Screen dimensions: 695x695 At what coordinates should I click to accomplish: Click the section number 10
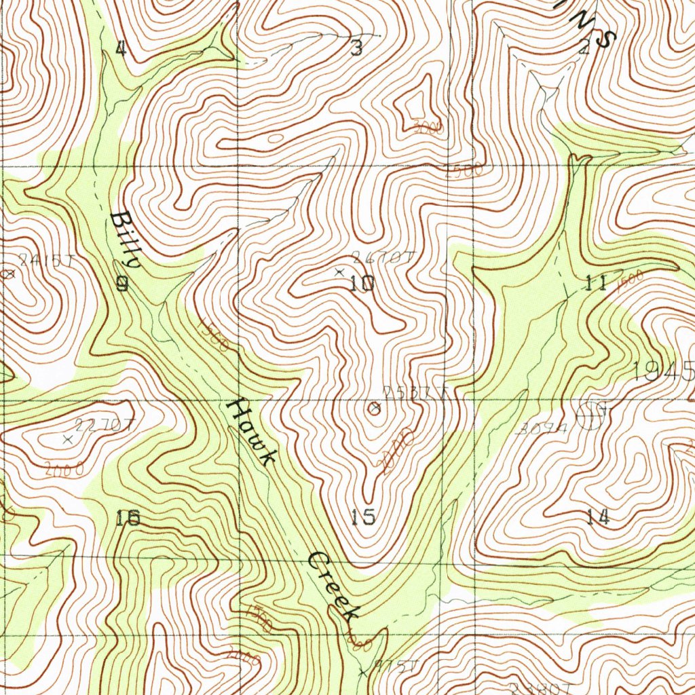[x=362, y=284]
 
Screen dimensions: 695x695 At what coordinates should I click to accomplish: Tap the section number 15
[x=364, y=517]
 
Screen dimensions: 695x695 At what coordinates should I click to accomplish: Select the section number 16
[x=128, y=519]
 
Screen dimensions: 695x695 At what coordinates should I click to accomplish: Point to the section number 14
[x=598, y=518]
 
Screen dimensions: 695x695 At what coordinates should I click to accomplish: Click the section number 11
[x=596, y=284]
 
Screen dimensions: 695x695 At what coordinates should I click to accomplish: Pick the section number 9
[x=122, y=284]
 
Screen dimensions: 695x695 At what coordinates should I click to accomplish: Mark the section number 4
[x=121, y=48]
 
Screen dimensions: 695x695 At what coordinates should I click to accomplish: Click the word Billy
[x=127, y=240]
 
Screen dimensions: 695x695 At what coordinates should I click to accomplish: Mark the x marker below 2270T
[x=67, y=440]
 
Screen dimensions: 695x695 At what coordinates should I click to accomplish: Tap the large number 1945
[x=663, y=371]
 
